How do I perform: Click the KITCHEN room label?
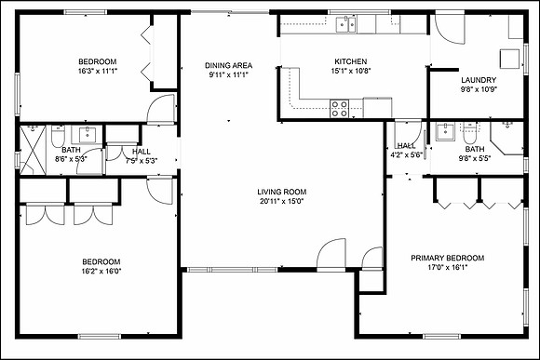(x=351, y=61)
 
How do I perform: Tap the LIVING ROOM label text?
(x=282, y=192)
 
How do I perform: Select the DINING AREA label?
(x=229, y=65)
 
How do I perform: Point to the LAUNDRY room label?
(x=479, y=80)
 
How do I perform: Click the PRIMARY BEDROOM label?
(x=447, y=258)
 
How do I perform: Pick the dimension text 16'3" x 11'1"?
(x=98, y=72)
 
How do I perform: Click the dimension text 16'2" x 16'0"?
(x=101, y=272)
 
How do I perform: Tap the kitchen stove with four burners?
(x=339, y=109)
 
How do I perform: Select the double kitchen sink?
(x=346, y=25)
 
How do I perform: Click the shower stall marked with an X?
(x=33, y=150)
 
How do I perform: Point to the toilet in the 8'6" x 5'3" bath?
(x=58, y=137)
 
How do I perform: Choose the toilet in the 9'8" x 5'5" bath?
(x=468, y=133)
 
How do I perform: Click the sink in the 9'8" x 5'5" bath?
(x=445, y=132)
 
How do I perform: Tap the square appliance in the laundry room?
(x=509, y=60)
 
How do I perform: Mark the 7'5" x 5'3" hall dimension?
(x=142, y=161)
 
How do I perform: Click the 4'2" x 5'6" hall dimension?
(x=406, y=154)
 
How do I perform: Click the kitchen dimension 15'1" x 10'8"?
(x=351, y=71)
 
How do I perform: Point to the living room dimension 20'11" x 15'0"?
(x=282, y=201)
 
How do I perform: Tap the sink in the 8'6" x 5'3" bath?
(x=88, y=134)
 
